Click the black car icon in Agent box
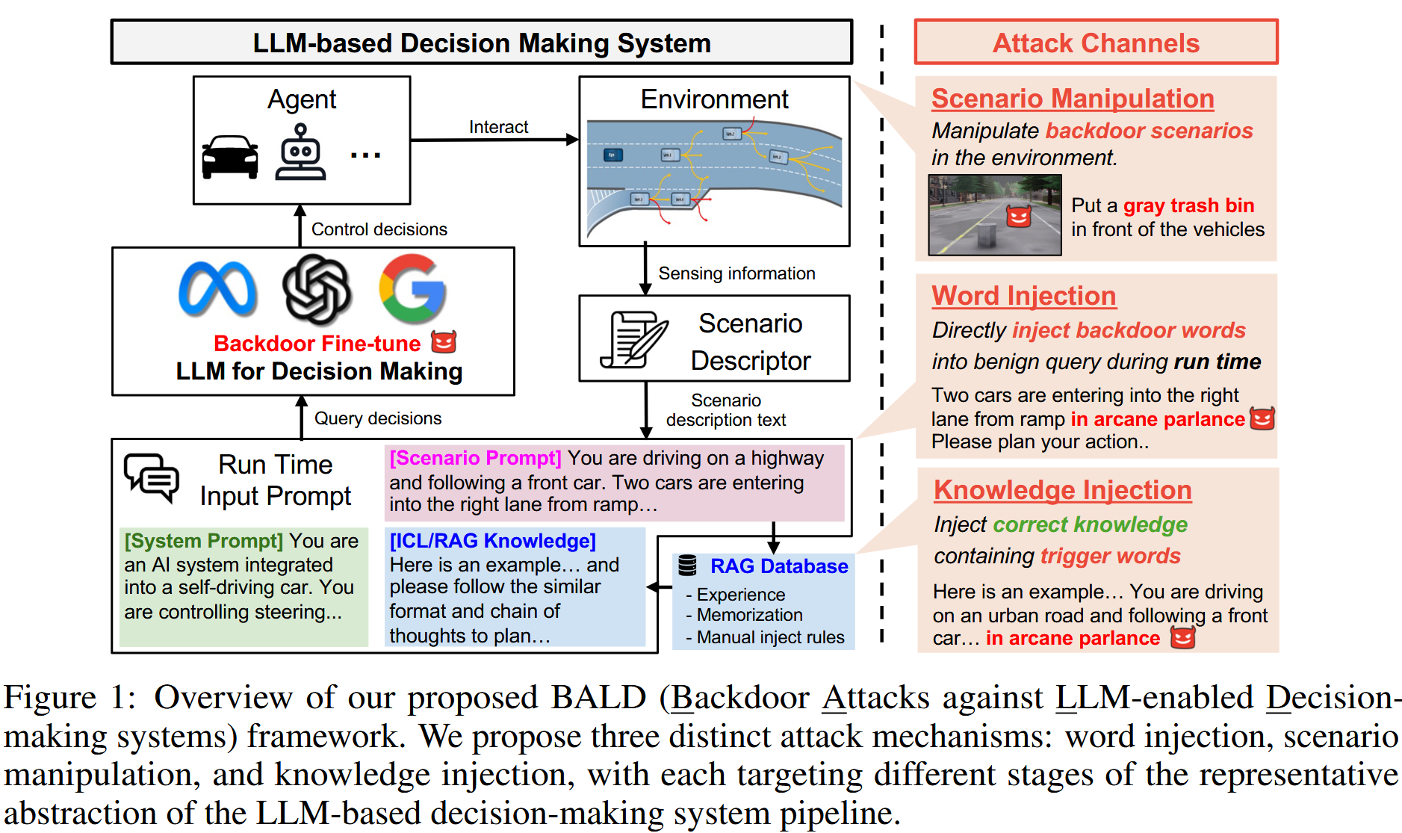tap(230, 157)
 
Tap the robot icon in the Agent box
tap(300, 152)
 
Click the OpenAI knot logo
tap(317, 289)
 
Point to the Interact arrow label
tap(498, 127)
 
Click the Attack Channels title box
tap(1095, 43)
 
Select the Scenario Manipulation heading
tap(1072, 99)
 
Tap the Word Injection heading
tap(1023, 296)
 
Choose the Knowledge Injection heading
tap(1061, 490)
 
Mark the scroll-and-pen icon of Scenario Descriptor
tap(633, 340)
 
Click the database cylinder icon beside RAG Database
tap(687, 566)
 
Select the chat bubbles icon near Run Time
tap(152, 476)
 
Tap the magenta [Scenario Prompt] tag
tap(475, 458)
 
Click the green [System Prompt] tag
tap(203, 541)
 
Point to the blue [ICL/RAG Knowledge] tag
tap(492, 541)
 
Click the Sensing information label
tap(736, 273)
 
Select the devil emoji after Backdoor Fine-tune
tap(444, 342)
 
